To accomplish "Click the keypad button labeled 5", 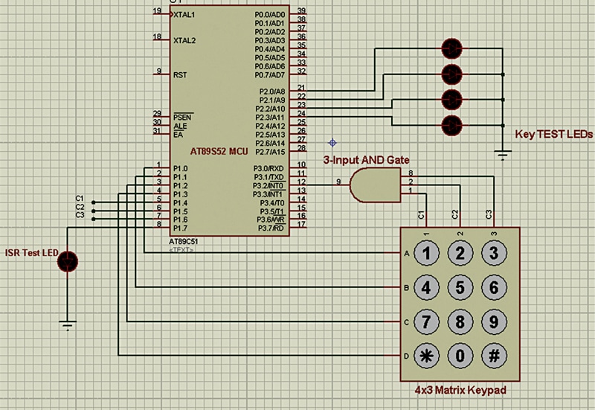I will point(460,287).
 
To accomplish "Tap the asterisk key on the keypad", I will point(427,356).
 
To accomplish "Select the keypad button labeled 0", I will point(460,356).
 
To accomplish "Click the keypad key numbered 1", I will point(427,253).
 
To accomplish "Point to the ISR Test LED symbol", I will point(68,260).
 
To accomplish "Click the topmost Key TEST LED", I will point(451,48).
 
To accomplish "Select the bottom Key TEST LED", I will point(451,124).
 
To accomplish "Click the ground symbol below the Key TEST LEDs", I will point(504,155).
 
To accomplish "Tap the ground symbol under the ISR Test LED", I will point(68,324).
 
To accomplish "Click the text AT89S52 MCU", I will point(219,151).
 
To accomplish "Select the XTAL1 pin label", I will point(184,14).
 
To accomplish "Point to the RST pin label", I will point(180,74).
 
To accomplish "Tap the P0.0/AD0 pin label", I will point(270,14).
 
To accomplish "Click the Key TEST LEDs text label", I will point(553,135).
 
